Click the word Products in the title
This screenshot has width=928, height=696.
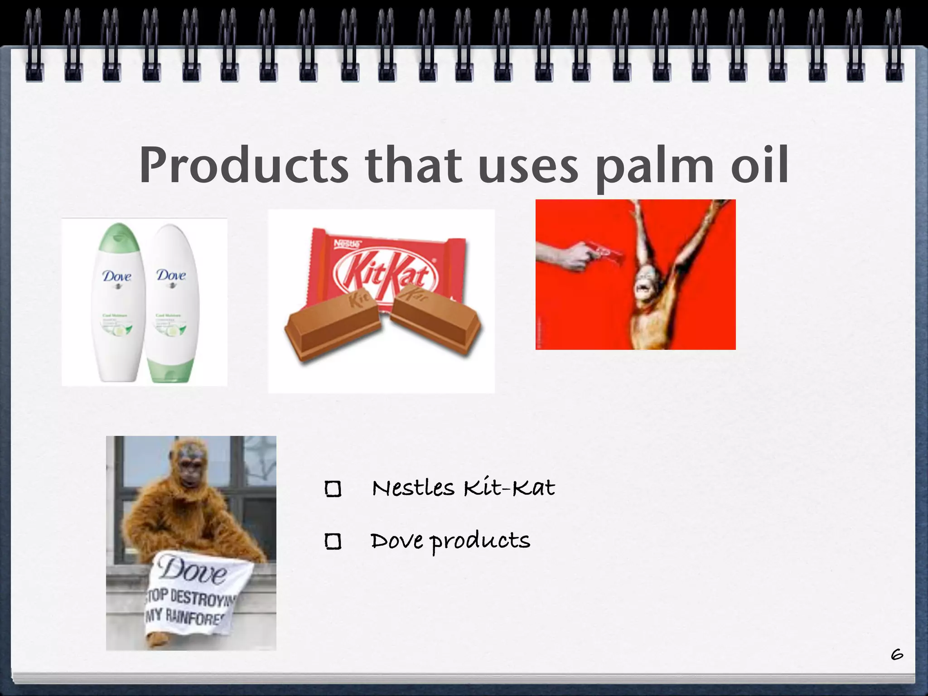[243, 165]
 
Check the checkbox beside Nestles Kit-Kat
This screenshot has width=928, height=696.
[333, 489]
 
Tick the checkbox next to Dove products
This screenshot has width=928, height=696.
[333, 541]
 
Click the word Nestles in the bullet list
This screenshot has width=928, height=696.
[413, 488]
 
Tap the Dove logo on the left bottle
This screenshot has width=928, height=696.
[116, 276]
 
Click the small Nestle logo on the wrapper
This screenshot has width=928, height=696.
[347, 244]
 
